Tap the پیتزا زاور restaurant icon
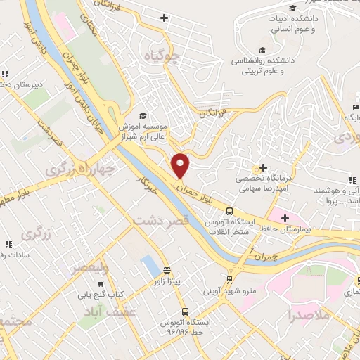(167, 270)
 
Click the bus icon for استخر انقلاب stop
(229, 211)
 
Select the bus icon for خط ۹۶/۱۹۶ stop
(185, 311)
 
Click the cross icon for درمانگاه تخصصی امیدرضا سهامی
(263, 167)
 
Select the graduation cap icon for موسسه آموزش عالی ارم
(143, 115)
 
